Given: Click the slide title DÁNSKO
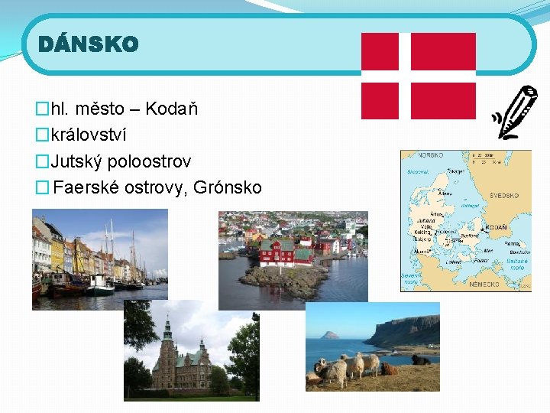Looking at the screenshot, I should (89, 45).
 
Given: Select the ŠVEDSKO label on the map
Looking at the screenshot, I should (503, 196).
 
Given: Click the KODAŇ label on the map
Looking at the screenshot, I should (497, 228).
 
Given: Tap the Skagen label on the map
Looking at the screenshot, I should (455, 172).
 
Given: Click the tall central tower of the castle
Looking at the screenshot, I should (168, 337).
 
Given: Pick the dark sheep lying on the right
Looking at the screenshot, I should (420, 359).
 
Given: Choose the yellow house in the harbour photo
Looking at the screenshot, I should (57, 252).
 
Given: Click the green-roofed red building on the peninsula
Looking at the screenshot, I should (277, 250).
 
